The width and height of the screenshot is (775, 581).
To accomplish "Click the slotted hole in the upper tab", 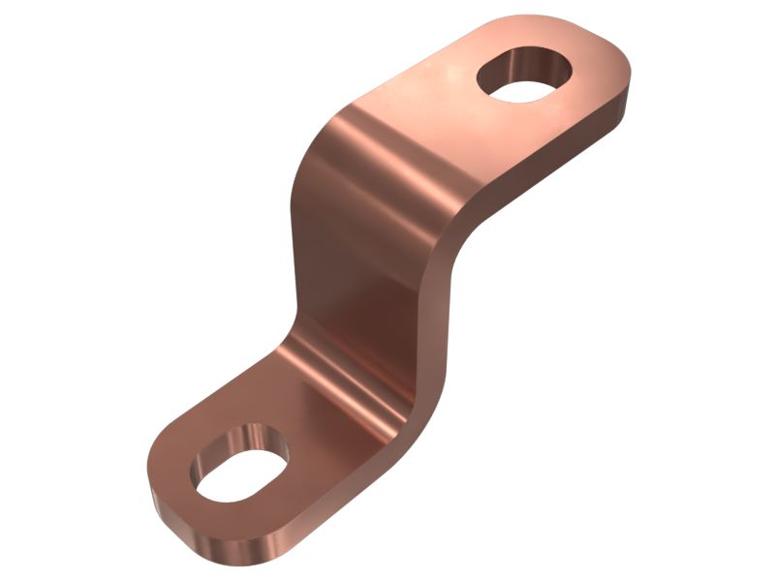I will click(523, 79).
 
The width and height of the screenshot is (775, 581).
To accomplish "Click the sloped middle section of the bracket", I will click(368, 261).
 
